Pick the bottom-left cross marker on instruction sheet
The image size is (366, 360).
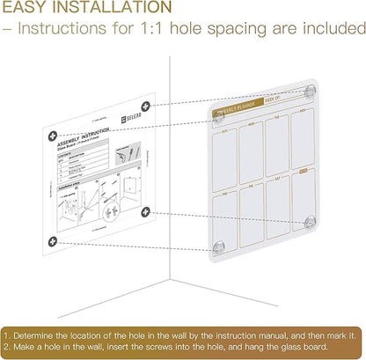click(52, 240)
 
